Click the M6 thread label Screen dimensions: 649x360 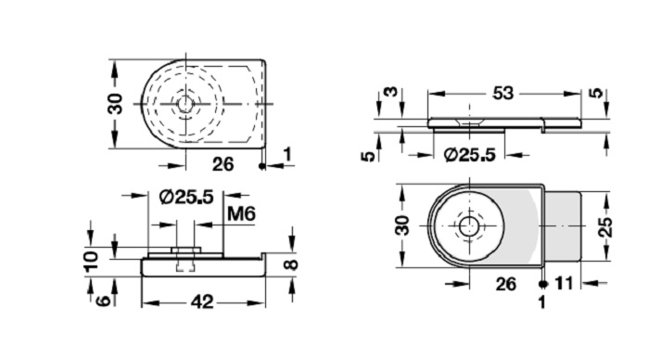tap(241, 213)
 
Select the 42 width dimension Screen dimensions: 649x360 tap(202, 302)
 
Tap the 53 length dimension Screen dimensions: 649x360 tap(503, 93)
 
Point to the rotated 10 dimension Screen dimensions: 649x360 tap(91, 261)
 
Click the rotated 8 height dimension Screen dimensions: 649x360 tap(292, 264)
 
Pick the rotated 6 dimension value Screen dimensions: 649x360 tap(103, 300)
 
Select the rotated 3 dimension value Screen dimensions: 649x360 tap(390, 92)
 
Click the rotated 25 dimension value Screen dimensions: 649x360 tap(605, 226)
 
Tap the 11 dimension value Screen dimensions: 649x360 tap(564, 284)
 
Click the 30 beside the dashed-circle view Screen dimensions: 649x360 tap(115, 104)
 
